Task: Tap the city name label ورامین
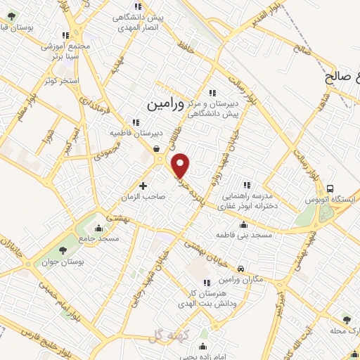(165, 103)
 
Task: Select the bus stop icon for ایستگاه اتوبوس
(330, 188)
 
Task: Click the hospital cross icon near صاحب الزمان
(143, 186)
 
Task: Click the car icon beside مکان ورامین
(240, 269)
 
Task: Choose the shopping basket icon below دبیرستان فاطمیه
(156, 149)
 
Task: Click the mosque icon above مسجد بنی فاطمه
(243, 225)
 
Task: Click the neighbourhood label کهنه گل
(166, 335)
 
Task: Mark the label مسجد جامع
(99, 239)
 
